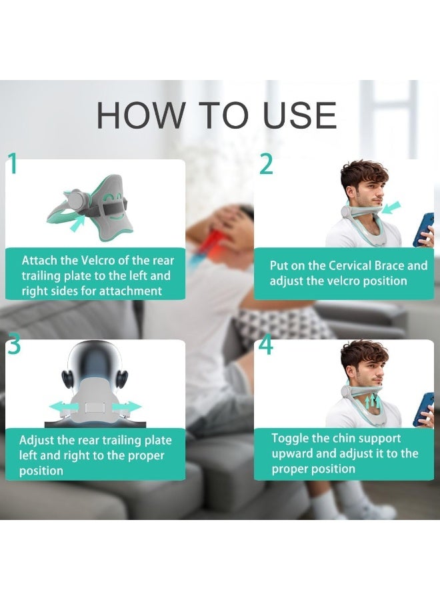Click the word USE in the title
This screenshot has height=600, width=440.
point(300,115)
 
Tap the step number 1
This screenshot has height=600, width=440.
point(13,163)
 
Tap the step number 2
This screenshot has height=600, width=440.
point(266,164)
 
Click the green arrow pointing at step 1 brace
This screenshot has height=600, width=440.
point(78,223)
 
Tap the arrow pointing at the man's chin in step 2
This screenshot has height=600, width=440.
point(391,207)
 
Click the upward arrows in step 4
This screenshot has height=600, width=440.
point(372,401)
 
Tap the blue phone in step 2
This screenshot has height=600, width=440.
point(423,229)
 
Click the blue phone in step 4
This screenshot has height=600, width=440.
point(423,409)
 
